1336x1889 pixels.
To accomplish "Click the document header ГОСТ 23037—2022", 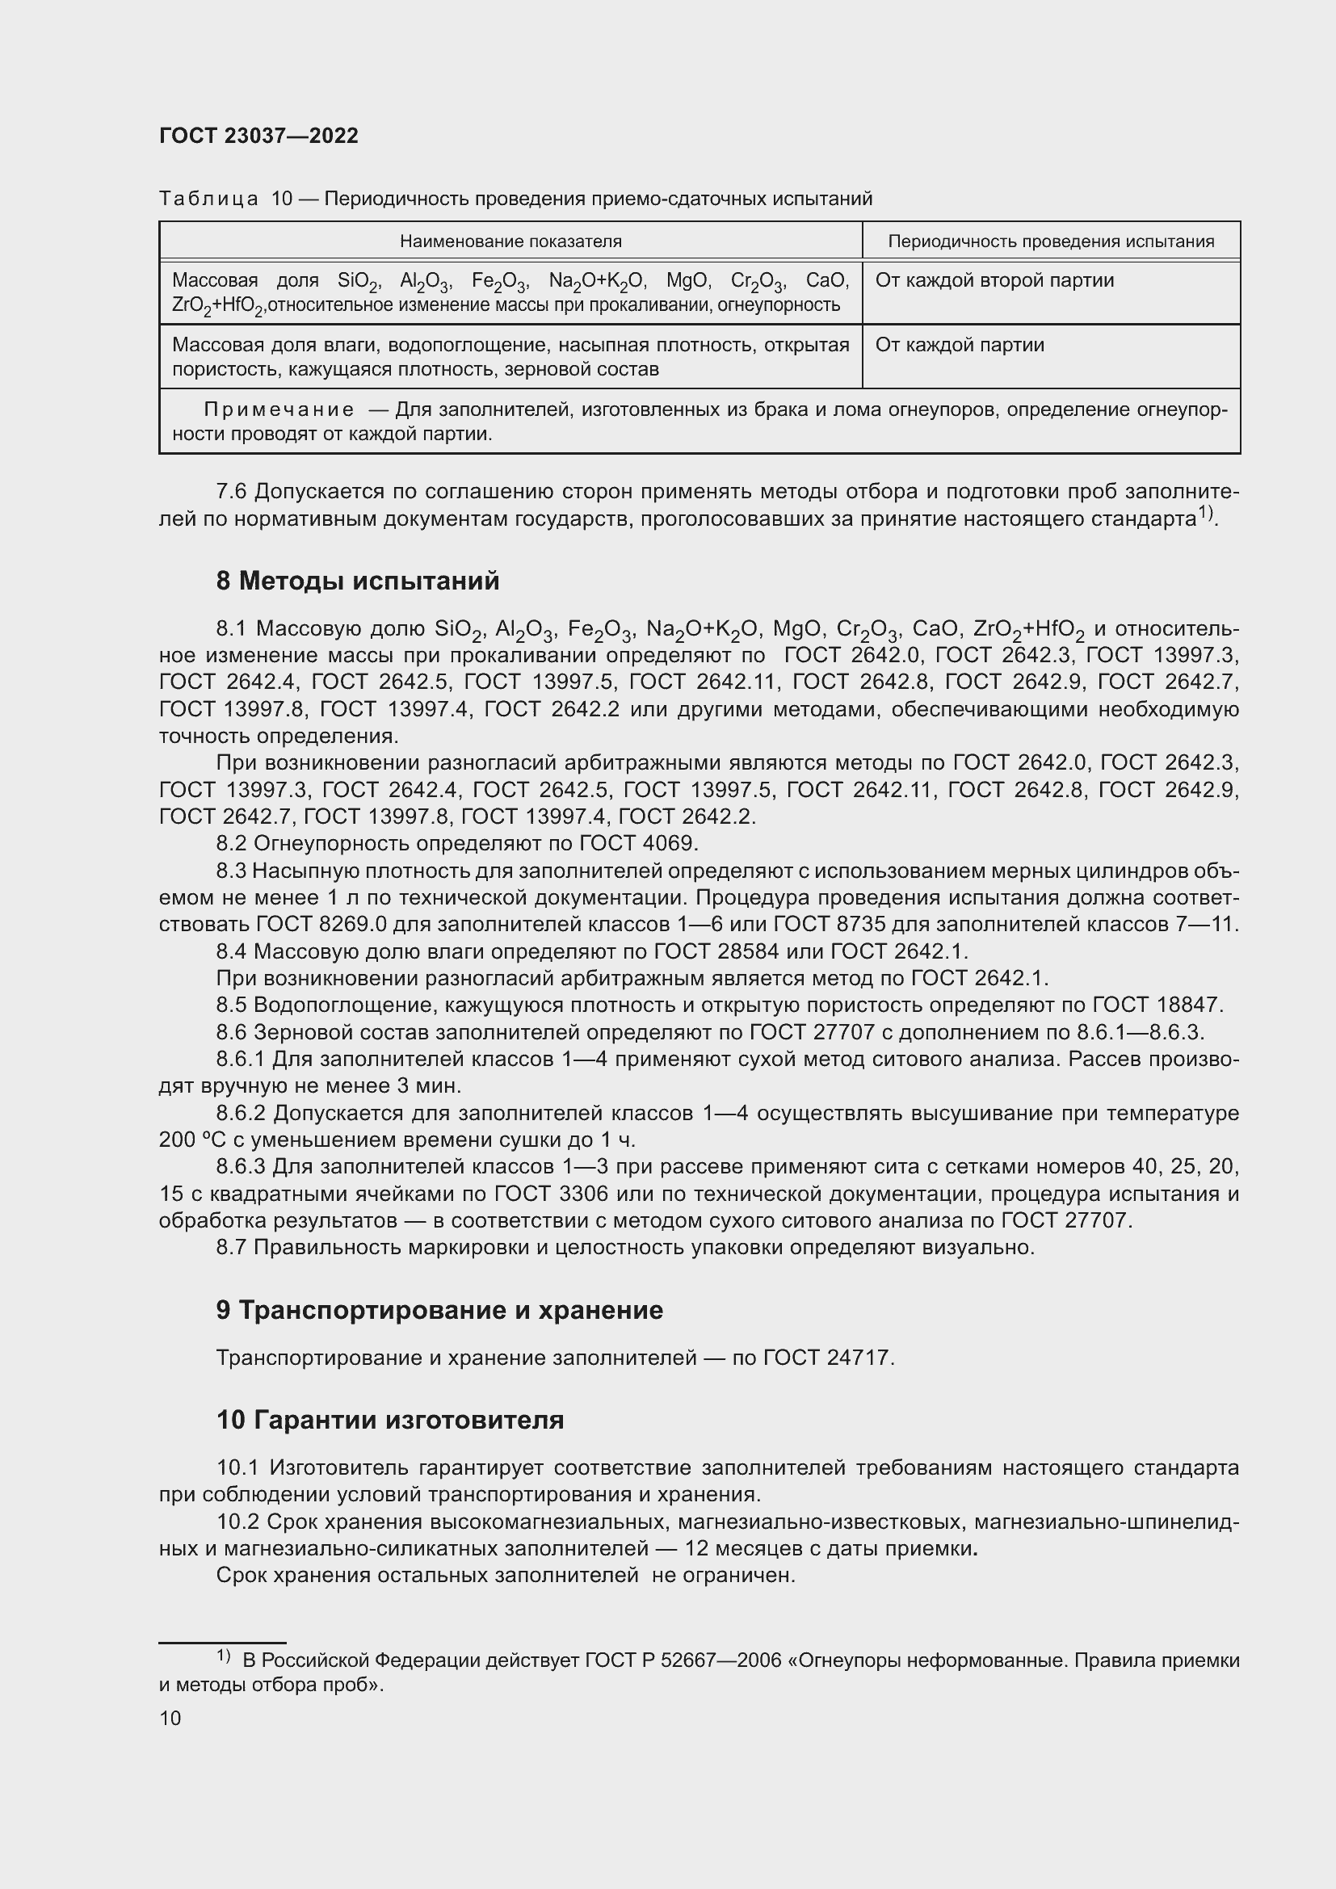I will point(258,136).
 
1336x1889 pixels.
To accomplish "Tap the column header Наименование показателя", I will point(510,241).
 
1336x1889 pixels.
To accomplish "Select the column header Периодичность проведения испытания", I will point(1051,241).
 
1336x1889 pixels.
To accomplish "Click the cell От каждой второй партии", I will point(994,280).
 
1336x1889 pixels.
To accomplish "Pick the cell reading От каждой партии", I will point(960,345).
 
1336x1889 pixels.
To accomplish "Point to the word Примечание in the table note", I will point(279,409).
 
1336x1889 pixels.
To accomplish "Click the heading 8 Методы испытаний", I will point(357,581).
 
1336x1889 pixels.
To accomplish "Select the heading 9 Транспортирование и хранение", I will point(439,1310).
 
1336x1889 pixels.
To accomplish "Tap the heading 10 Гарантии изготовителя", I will point(390,1419).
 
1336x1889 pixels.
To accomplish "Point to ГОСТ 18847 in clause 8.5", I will point(1157,1005).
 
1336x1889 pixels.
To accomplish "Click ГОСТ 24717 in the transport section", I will point(827,1358).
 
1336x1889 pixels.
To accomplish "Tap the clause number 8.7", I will point(231,1247).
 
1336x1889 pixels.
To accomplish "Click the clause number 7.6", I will point(231,491).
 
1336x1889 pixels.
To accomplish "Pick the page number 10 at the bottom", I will point(170,1718).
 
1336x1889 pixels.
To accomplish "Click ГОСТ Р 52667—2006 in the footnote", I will point(683,1660).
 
